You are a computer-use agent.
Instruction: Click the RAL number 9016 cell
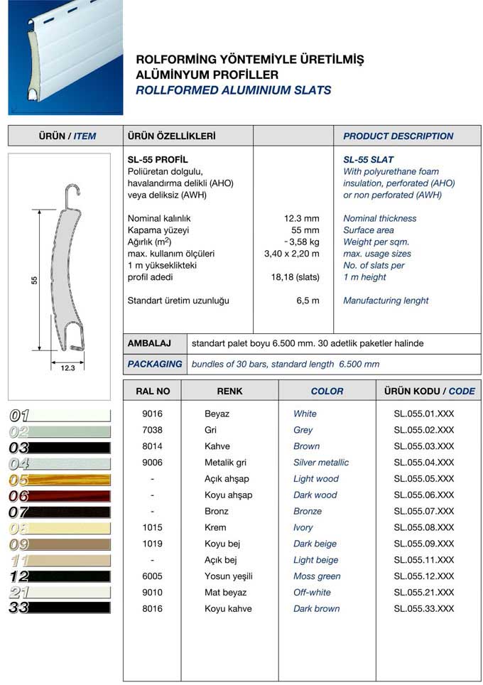tap(151, 414)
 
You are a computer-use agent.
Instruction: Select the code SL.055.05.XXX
tap(423, 479)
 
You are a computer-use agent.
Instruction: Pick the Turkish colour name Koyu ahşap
tap(228, 495)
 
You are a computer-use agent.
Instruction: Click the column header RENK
tap(229, 391)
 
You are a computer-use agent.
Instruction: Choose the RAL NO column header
tap(152, 391)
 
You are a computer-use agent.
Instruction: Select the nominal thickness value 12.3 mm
tap(301, 218)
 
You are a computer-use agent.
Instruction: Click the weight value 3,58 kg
tap(301, 242)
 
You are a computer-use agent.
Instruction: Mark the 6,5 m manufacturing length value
tap(307, 301)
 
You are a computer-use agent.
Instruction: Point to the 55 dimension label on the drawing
tap(34, 281)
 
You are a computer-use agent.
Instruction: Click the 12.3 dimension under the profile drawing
tap(68, 368)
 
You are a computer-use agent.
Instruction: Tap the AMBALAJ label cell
tap(150, 343)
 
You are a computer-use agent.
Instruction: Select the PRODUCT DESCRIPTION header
tap(398, 136)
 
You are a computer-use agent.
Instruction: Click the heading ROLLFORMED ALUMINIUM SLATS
tap(233, 90)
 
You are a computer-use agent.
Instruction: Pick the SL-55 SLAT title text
tap(368, 160)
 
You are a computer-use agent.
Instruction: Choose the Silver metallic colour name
tap(321, 463)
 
